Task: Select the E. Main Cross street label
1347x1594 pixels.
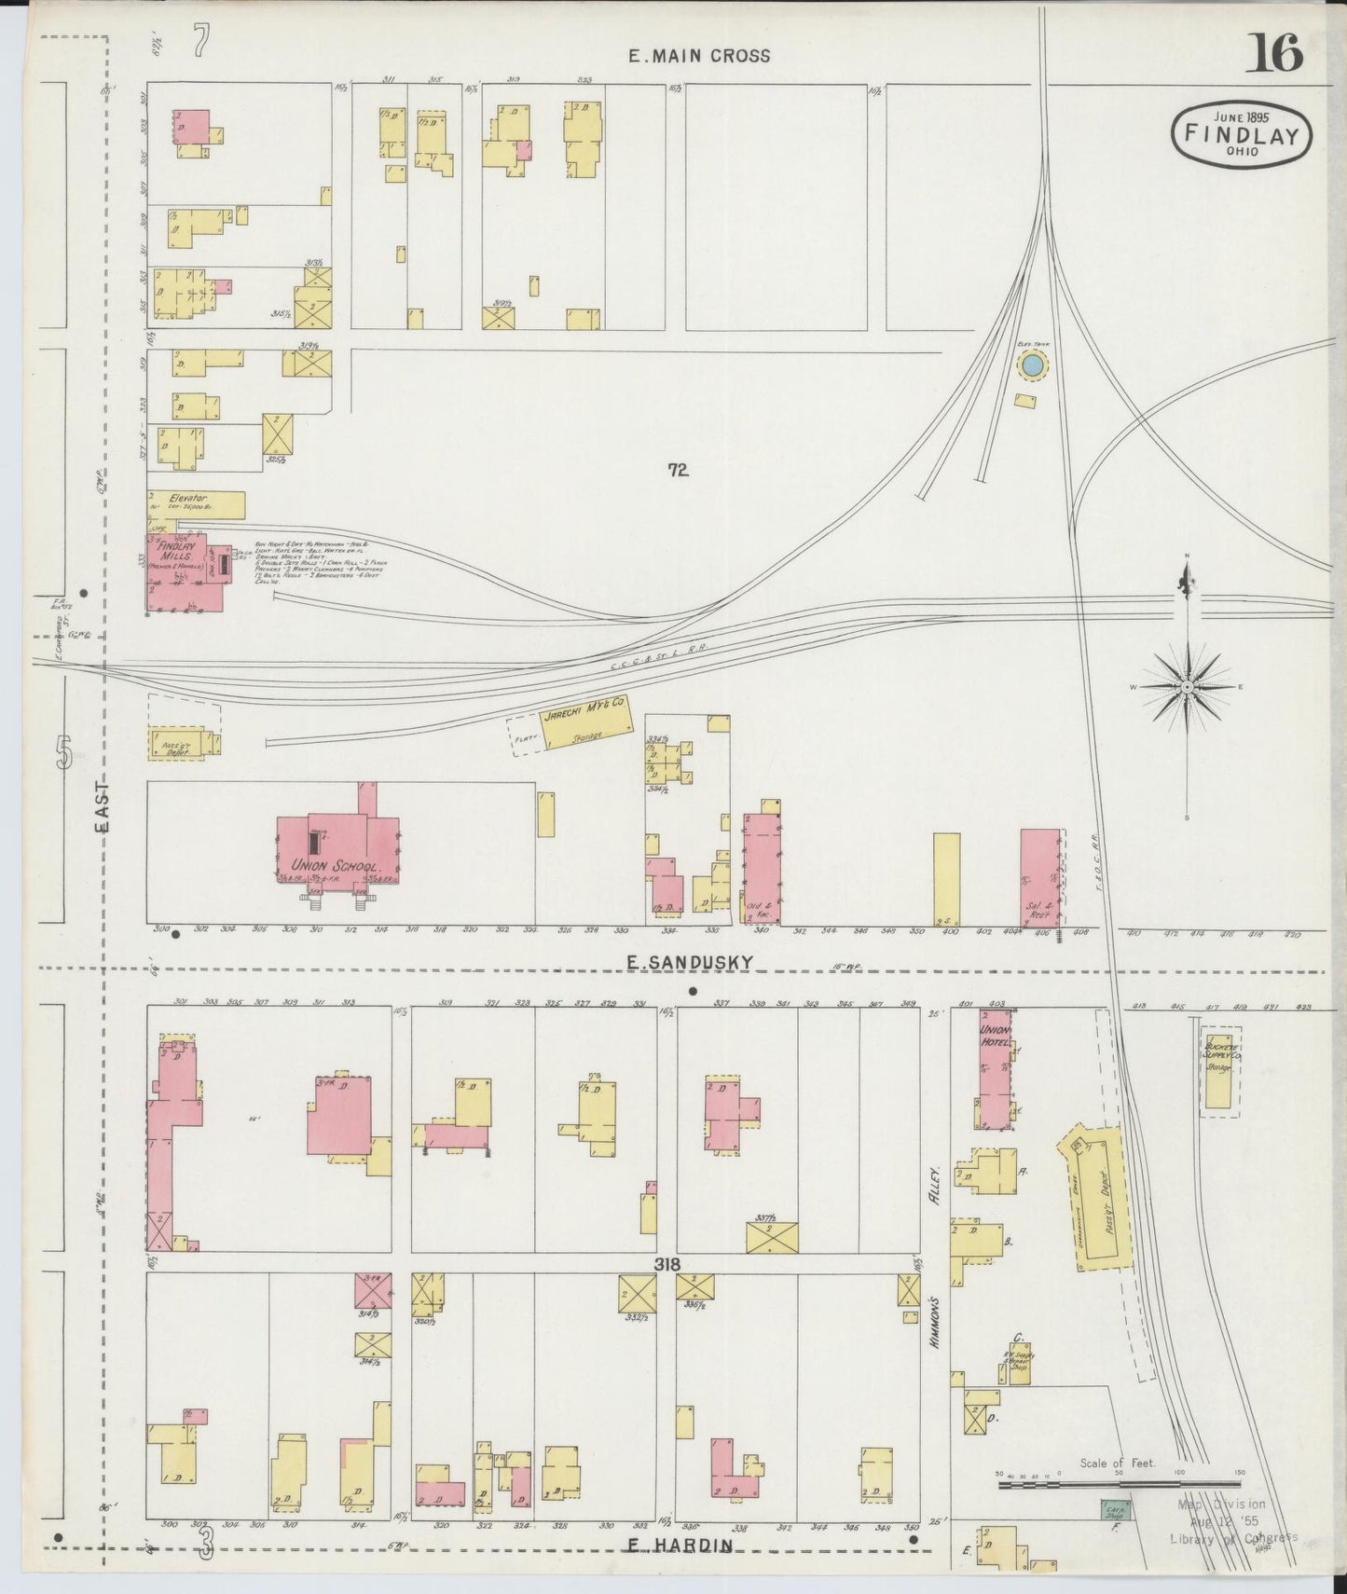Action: pyautogui.click(x=699, y=56)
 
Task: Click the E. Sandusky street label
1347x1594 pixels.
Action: pyautogui.click(x=689, y=961)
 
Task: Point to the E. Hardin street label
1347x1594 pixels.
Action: pyautogui.click(x=678, y=1546)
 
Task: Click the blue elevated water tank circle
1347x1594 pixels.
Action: pyautogui.click(x=1032, y=366)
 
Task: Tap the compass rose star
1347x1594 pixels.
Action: pyautogui.click(x=1188, y=687)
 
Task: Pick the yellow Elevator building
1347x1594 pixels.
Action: pyautogui.click(x=196, y=503)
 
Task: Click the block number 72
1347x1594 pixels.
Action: pyautogui.click(x=678, y=471)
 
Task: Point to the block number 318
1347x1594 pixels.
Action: pyautogui.click(x=666, y=1265)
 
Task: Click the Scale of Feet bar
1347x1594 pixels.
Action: pyautogui.click(x=1119, y=1481)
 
